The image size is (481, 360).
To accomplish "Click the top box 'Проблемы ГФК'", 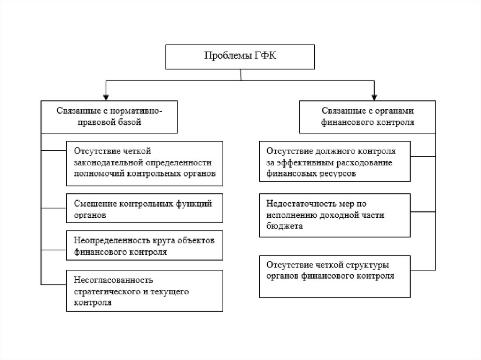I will tap(240, 57).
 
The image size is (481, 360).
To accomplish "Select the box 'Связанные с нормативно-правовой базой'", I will tap(109, 116).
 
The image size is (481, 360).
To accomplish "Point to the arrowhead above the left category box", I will tap(107, 97).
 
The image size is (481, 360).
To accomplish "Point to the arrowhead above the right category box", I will tap(374, 97).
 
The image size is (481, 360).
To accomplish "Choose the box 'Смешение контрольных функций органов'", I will tap(144, 209).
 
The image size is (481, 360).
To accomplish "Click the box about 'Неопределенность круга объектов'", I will tap(144, 246).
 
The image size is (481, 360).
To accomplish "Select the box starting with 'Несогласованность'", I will tap(144, 291).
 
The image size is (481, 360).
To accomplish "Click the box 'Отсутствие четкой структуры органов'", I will tap(335, 276).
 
